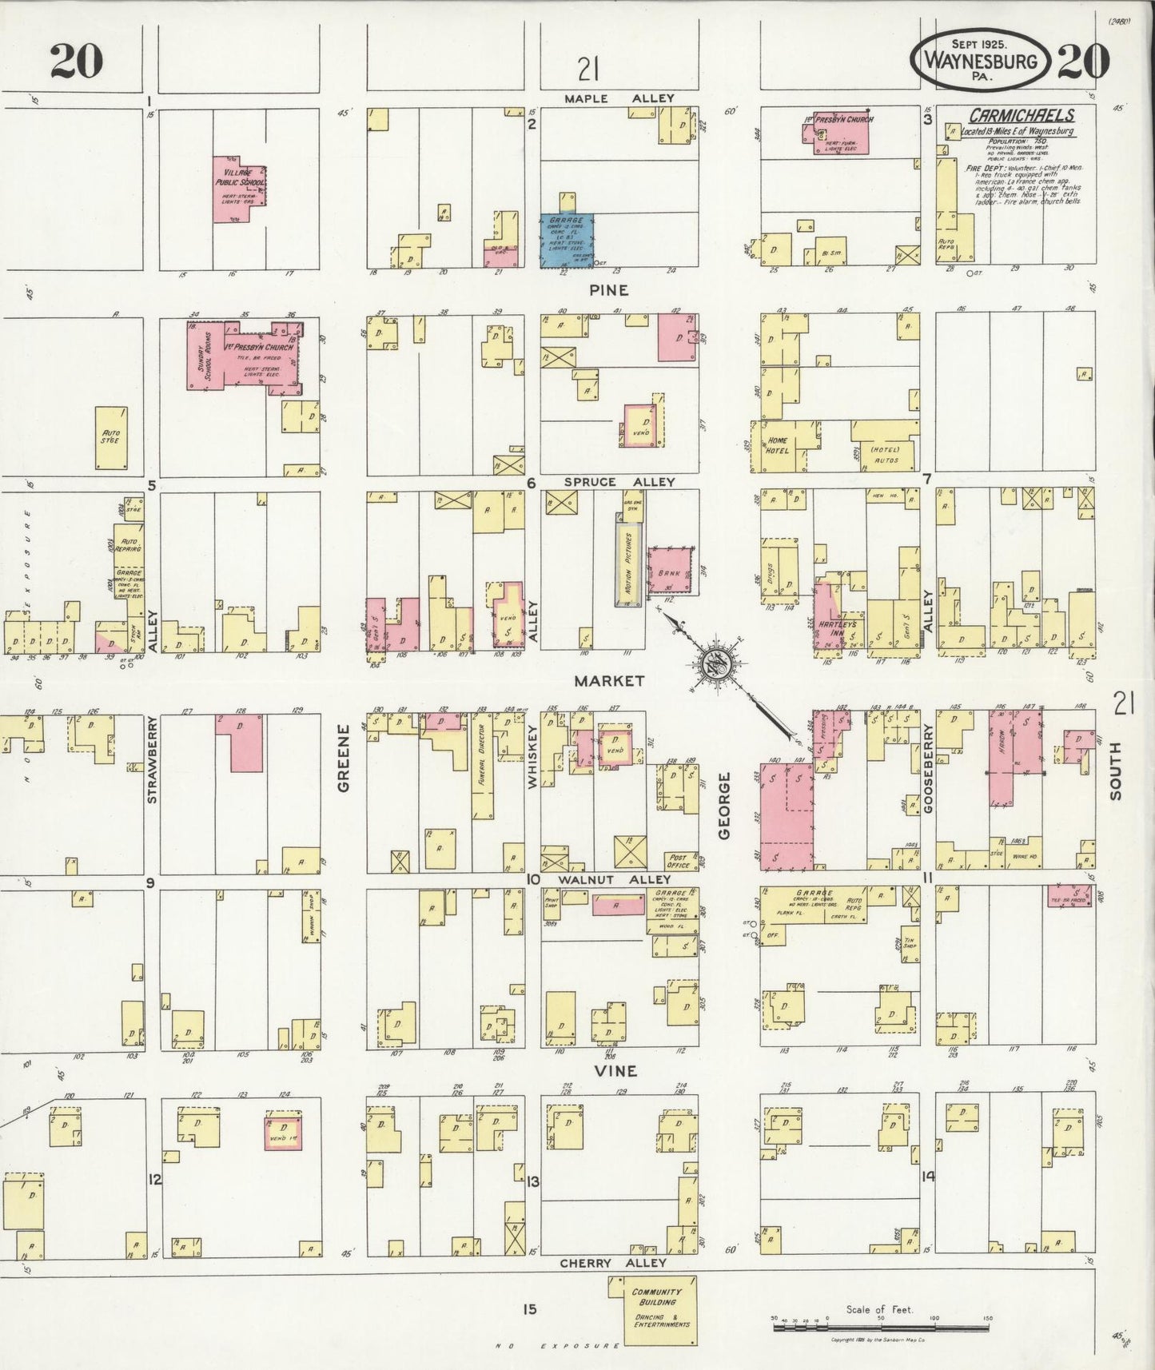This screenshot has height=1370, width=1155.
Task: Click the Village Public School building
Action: [237, 189]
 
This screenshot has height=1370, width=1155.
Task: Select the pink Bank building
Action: [669, 571]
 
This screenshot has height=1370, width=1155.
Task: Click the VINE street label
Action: [616, 1070]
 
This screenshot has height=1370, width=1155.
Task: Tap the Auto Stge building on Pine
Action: [111, 438]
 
